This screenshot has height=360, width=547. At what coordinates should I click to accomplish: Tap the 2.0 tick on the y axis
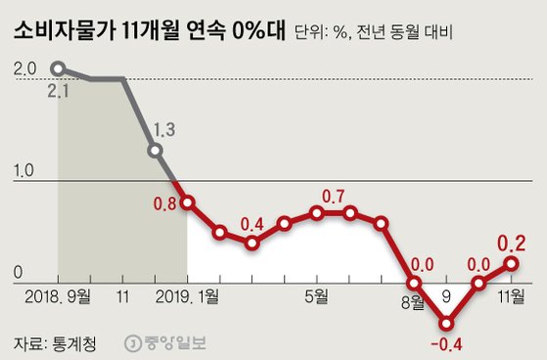pyautogui.click(x=25, y=69)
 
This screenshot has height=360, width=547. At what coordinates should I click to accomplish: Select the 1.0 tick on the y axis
pyautogui.click(x=25, y=170)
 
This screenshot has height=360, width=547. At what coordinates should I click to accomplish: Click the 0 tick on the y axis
pyautogui.click(x=19, y=272)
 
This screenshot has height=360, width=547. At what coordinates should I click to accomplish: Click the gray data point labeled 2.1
pyautogui.click(x=58, y=68)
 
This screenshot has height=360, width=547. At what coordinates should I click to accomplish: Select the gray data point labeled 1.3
pyautogui.click(x=155, y=151)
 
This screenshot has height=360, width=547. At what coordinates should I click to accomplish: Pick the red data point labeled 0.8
pyautogui.click(x=187, y=202)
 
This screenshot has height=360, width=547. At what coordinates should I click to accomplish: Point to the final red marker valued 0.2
pyautogui.click(x=511, y=262)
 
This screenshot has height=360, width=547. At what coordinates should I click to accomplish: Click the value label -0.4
pyautogui.click(x=446, y=344)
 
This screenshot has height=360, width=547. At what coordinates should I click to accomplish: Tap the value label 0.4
pyautogui.click(x=252, y=222)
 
